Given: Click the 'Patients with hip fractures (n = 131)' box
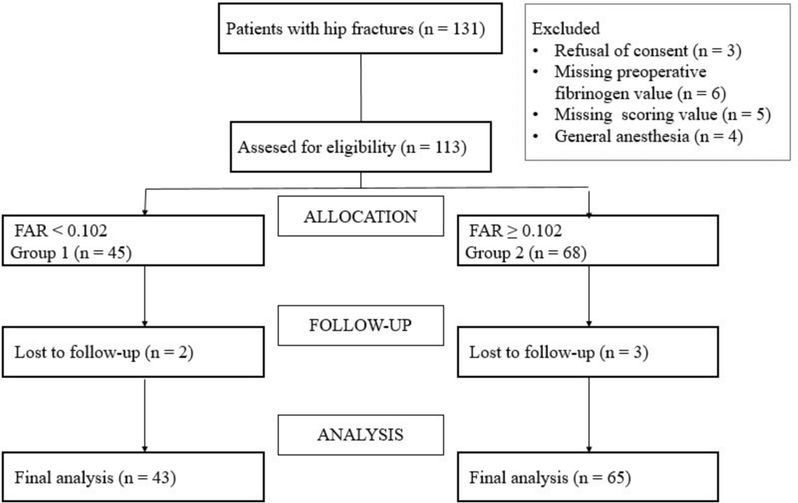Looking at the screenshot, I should click(x=360, y=29).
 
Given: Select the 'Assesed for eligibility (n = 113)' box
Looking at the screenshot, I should click(x=360, y=147).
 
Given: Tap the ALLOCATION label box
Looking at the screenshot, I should click(x=360, y=216).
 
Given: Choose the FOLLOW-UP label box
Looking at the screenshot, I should click(x=360, y=325).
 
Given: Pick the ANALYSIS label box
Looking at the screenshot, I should click(x=360, y=434).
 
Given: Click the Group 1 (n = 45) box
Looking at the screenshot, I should click(x=133, y=241).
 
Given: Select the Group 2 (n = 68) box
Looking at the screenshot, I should click(x=588, y=241).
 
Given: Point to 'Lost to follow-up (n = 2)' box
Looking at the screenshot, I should click(x=133, y=352).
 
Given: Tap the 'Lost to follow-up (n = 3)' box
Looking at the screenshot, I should click(x=588, y=352).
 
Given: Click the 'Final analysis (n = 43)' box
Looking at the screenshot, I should click(x=133, y=478).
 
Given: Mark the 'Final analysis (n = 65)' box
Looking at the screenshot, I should click(x=588, y=478).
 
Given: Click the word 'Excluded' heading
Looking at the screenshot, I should click(x=566, y=29).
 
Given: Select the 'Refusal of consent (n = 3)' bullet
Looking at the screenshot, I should click(x=648, y=50).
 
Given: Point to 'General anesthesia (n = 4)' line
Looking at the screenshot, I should click(x=648, y=137).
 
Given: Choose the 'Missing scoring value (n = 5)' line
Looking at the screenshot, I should click(x=662, y=115).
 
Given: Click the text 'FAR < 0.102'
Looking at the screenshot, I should click(x=61, y=231).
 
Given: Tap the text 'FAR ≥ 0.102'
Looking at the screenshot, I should click(x=515, y=231).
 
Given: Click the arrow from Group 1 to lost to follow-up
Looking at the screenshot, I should click(x=145, y=296).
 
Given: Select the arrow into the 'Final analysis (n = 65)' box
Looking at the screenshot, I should click(x=589, y=414).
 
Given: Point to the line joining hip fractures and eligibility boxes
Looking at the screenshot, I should click(x=361, y=88).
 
